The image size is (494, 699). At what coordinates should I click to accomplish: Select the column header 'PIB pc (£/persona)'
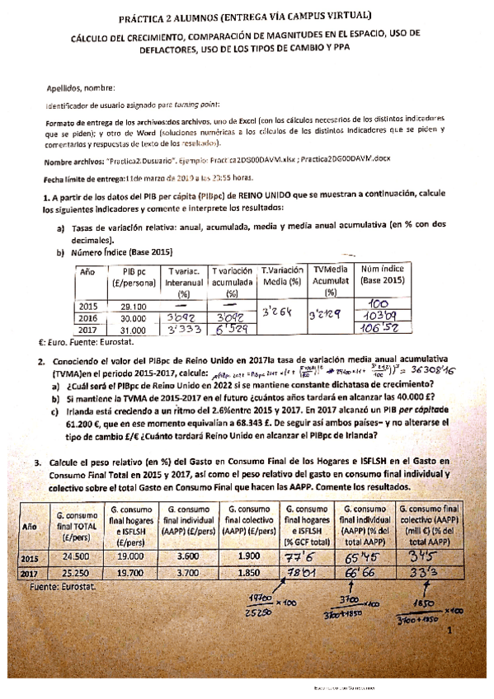(x=136, y=278)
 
